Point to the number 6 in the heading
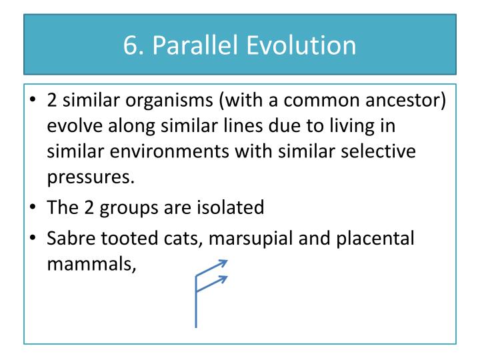click(x=130, y=45)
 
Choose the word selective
click(x=379, y=151)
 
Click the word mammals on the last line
click(x=91, y=263)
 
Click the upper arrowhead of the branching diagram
click(x=225, y=262)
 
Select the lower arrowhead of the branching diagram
click(x=225, y=279)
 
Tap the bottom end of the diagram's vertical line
click(x=195, y=326)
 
